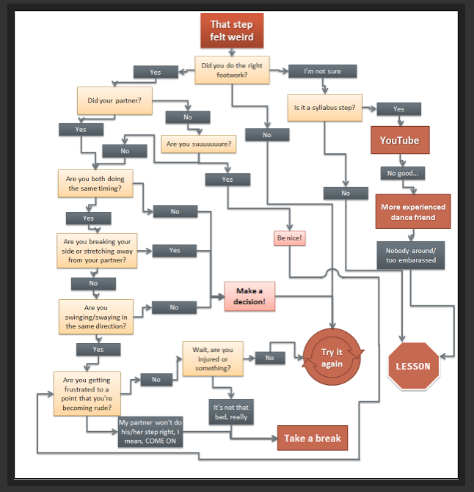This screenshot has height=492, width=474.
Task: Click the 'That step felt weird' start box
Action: coord(231,30)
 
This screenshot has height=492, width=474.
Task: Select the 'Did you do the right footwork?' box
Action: coord(231,70)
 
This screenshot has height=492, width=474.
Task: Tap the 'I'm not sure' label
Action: coord(323,71)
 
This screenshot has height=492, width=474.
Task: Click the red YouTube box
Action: coord(399,140)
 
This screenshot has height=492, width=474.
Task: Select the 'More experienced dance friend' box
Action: coord(412,212)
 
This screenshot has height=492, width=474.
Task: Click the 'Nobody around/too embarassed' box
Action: coord(411,255)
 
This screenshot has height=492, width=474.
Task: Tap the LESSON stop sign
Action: coord(414,366)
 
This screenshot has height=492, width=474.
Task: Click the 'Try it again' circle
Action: coord(332,358)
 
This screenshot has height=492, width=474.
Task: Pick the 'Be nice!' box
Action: coord(290,238)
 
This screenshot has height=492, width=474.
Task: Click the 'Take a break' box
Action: coord(312,438)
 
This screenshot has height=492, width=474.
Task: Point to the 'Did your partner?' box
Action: coord(114,100)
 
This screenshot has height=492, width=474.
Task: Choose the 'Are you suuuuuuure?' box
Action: coord(197,144)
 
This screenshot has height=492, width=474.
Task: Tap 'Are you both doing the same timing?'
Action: coord(95,184)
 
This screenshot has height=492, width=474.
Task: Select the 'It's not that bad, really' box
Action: coord(230,412)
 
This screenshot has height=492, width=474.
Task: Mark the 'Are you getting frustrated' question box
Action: coord(88,393)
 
